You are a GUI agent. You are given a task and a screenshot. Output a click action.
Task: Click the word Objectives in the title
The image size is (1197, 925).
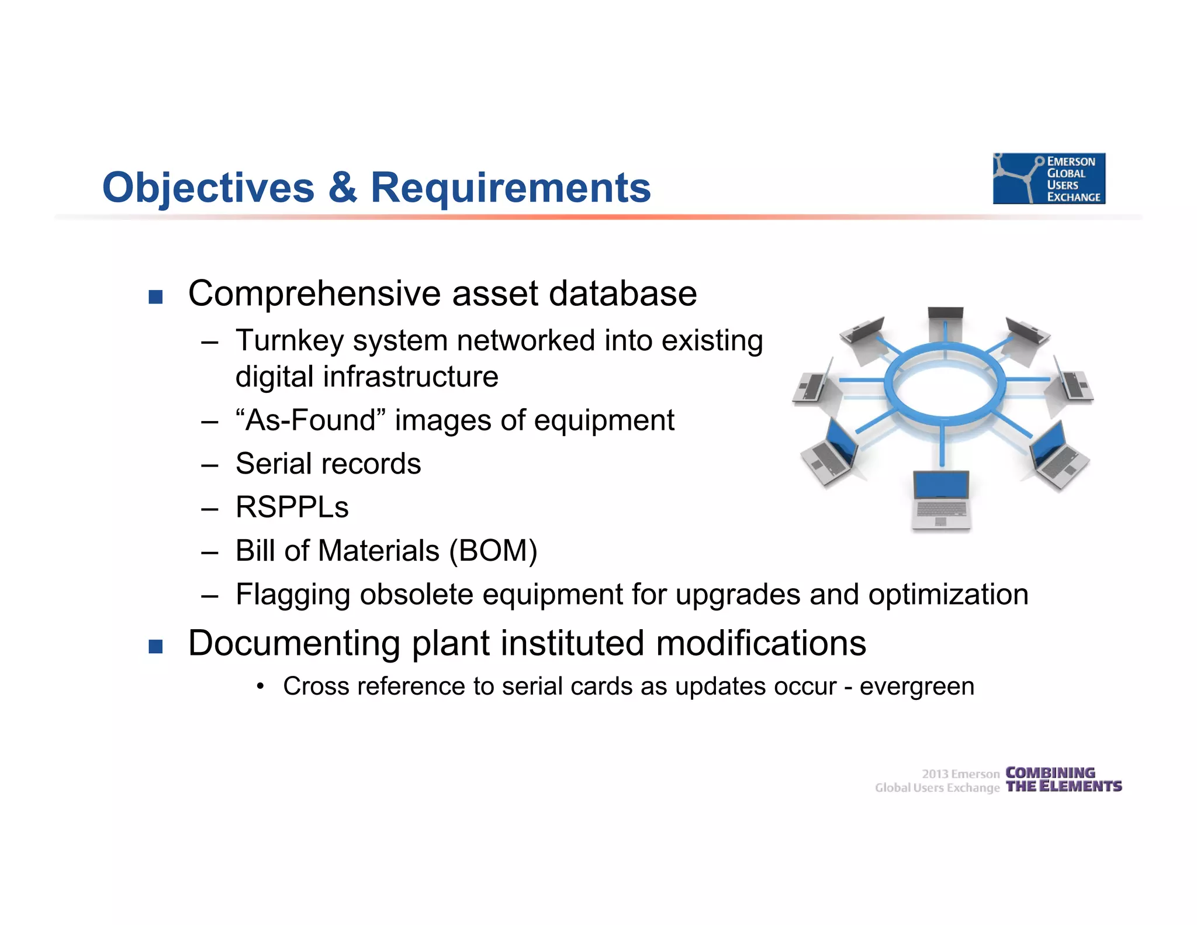(208, 188)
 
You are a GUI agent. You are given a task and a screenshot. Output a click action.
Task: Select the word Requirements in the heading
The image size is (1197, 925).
(510, 188)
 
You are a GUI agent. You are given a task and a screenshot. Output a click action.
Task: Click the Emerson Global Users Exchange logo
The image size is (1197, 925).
(1049, 178)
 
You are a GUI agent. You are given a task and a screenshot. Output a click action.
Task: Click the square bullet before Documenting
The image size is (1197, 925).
(155, 647)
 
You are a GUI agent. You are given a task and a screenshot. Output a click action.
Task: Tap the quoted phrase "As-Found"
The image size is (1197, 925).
(310, 420)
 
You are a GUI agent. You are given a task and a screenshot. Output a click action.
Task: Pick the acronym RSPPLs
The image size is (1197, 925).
(292, 507)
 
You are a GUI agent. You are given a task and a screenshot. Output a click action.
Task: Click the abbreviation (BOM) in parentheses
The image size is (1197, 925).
(493, 551)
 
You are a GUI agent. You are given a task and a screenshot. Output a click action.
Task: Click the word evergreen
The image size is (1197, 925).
(916, 686)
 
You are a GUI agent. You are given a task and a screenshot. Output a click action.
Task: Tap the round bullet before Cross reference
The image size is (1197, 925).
(261, 686)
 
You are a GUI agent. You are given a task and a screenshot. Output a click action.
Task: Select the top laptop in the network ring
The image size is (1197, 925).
(945, 322)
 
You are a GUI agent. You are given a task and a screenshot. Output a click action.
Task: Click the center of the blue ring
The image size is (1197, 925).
(945, 386)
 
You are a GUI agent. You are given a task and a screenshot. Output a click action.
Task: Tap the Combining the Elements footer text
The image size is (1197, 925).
(1063, 779)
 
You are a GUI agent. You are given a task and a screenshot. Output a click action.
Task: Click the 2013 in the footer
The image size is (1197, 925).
(935, 774)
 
